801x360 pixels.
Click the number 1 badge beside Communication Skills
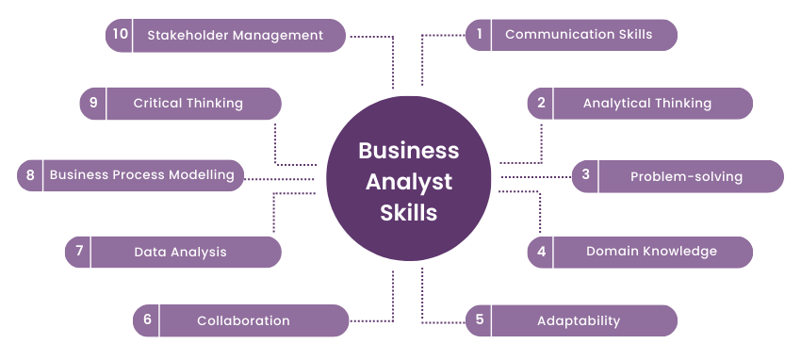tap(480, 35)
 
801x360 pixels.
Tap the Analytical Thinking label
tap(646, 103)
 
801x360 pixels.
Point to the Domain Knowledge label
tap(651, 251)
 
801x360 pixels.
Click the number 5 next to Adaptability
tap(480, 319)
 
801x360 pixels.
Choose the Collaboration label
tap(243, 320)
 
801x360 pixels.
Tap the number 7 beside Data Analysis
tap(79, 252)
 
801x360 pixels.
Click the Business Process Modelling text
tap(141, 174)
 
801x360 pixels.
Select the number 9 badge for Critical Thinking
tap(93, 103)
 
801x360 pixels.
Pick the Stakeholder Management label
tap(235, 35)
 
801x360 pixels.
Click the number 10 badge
tap(119, 35)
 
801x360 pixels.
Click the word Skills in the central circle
tap(408, 212)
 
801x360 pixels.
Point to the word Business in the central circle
tap(408, 151)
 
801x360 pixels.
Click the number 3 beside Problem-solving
tap(585, 174)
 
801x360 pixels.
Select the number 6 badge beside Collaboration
tap(147, 319)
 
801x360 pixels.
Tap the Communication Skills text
tap(579, 35)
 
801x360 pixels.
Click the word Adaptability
tap(579, 320)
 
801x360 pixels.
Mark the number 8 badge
tap(30, 174)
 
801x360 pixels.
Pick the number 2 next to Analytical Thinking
tap(541, 103)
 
